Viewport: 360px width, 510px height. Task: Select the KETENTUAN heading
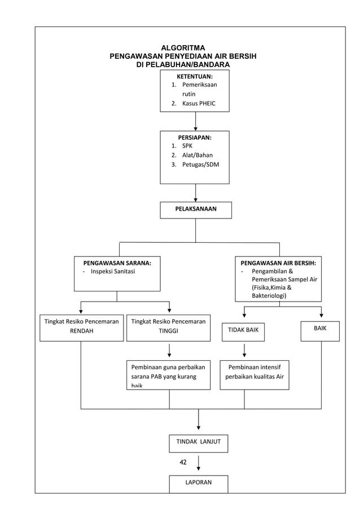[x=195, y=76]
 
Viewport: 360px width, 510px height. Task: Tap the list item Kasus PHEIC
[x=198, y=103]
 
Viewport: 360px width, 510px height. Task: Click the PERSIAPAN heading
[x=195, y=136]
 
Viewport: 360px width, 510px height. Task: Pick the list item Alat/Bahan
[x=197, y=155]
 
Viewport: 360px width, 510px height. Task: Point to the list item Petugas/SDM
[x=200, y=164]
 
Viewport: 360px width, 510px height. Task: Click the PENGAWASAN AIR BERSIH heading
[x=278, y=263]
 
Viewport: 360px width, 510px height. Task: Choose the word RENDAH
[x=81, y=331]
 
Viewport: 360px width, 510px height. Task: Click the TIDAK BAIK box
[x=243, y=330]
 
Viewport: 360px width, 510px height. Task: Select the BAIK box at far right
[x=320, y=328]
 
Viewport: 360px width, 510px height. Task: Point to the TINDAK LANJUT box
[x=199, y=443]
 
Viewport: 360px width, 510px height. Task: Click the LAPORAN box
[x=199, y=483]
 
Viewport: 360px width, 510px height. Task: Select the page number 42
[x=183, y=463]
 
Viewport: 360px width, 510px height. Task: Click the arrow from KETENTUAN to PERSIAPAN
[x=195, y=121]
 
